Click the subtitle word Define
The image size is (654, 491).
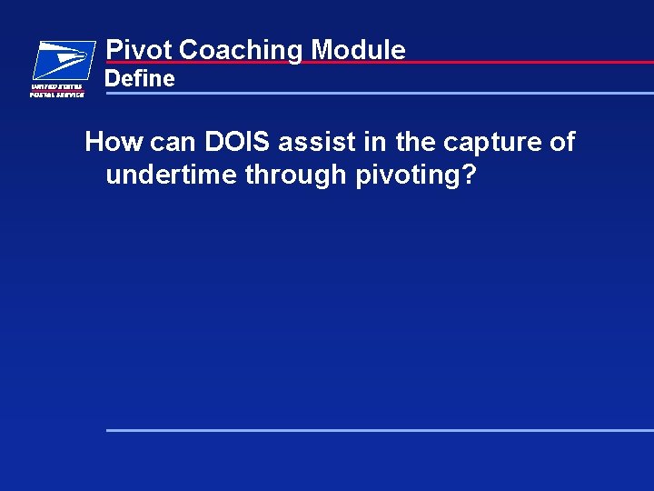140,79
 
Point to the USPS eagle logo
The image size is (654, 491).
63,60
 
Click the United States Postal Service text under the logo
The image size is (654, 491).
57,90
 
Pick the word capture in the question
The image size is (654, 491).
491,143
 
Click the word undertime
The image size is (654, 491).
171,174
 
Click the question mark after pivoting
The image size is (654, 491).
469,174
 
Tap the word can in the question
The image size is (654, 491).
171,143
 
